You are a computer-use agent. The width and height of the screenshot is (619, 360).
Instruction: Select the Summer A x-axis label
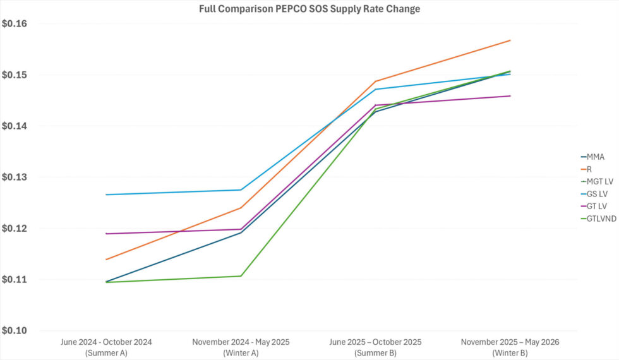(x=106, y=347)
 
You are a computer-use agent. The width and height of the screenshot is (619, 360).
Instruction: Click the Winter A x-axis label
(x=241, y=347)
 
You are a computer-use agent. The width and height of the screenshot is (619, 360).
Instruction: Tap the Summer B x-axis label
(x=375, y=347)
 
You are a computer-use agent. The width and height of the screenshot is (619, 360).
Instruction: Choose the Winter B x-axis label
(x=510, y=347)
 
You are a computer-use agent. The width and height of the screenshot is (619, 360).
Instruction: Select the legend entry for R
(x=589, y=169)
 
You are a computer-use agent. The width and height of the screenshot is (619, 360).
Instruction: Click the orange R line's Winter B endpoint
(x=510, y=40)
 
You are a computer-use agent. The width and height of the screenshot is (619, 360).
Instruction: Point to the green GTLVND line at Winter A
(x=241, y=276)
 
